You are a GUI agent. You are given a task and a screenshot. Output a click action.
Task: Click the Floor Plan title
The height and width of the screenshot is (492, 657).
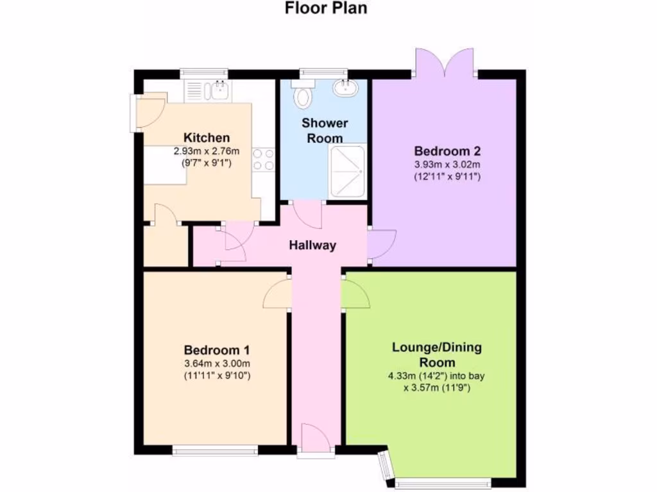click(326, 8)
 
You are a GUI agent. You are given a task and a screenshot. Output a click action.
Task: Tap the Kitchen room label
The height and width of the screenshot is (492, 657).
click(207, 138)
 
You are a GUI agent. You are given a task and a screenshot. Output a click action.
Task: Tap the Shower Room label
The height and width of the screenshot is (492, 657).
click(325, 130)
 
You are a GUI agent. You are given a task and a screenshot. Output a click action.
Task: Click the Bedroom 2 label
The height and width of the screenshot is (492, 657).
click(447, 151)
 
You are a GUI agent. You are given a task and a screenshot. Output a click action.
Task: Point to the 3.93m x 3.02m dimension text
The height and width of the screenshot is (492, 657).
click(447, 165)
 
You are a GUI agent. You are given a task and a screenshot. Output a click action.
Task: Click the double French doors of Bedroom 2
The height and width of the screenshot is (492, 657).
click(445, 64)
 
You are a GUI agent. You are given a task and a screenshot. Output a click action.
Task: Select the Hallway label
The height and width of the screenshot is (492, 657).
click(312, 245)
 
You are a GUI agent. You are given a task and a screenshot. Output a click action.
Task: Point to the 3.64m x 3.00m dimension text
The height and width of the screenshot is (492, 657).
click(216, 364)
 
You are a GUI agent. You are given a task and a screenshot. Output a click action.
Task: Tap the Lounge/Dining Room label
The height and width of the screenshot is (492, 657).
click(437, 354)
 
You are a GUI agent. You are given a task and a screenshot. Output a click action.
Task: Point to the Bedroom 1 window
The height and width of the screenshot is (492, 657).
click(215, 452)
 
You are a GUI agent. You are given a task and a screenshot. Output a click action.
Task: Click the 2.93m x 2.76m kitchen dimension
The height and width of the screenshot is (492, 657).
click(207, 152)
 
